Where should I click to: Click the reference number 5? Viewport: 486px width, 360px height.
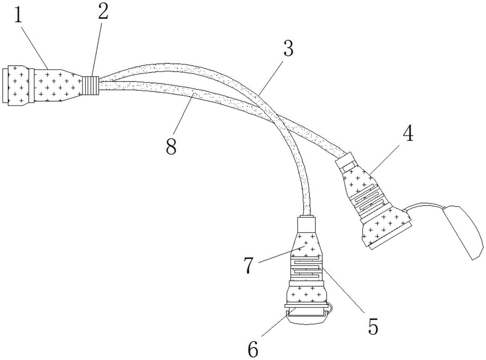pos(373,326)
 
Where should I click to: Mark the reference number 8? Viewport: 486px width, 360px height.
pos(171,146)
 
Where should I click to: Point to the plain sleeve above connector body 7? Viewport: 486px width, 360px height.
pos(307,225)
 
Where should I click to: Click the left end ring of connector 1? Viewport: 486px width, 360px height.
pos(6,86)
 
